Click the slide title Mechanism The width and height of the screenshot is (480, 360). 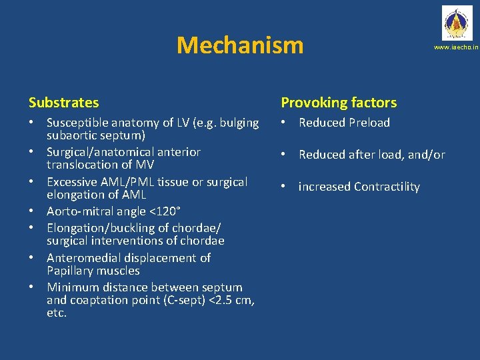click(x=240, y=45)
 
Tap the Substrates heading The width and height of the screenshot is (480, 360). click(x=64, y=103)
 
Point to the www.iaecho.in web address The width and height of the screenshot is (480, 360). click(x=456, y=48)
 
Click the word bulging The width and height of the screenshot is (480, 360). click(x=238, y=123)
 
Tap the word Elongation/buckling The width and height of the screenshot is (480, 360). click(x=101, y=228)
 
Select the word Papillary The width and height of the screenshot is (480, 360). click(x=70, y=271)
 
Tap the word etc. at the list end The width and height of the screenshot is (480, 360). click(x=57, y=313)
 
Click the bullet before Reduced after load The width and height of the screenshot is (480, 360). click(x=284, y=155)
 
